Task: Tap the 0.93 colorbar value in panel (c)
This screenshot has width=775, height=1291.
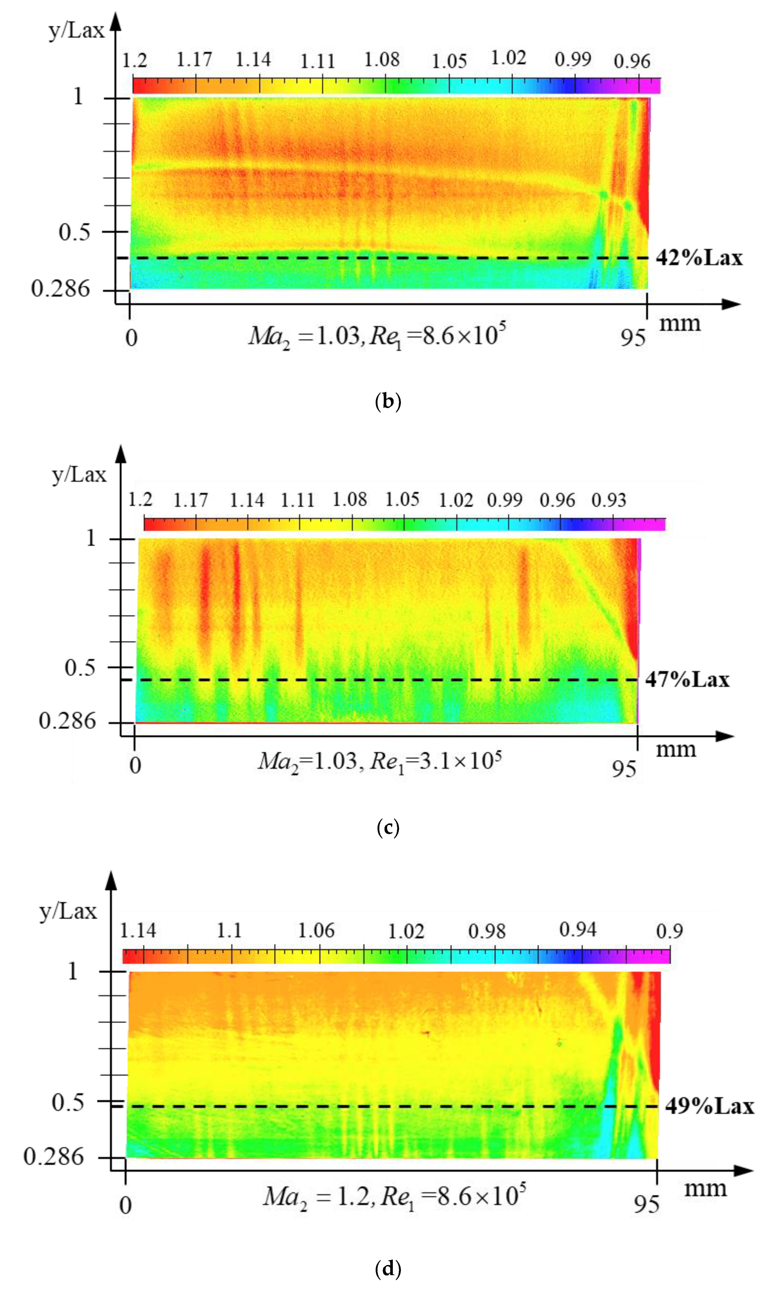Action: [608, 501]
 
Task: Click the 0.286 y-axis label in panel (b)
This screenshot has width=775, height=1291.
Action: [61, 288]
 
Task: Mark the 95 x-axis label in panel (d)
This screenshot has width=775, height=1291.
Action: [646, 1204]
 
